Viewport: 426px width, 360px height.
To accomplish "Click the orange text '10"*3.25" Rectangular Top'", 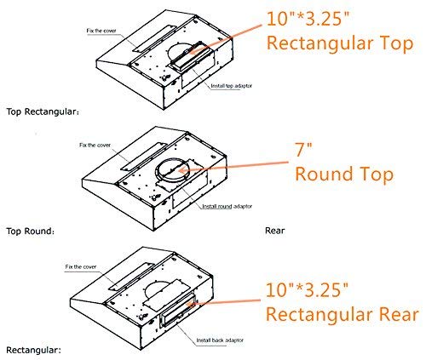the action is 340,31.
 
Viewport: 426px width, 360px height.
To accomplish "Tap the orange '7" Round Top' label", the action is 344,163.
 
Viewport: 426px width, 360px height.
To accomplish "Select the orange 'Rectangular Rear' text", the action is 343,314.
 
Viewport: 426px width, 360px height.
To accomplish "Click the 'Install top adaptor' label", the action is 231,86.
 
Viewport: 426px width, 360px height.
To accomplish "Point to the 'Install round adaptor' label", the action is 227,206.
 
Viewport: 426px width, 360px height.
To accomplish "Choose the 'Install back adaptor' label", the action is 220,340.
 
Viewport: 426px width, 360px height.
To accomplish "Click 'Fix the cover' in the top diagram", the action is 101,31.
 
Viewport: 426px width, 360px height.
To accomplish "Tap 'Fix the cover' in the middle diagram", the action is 95,145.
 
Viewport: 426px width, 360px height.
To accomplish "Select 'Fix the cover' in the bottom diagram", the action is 81,266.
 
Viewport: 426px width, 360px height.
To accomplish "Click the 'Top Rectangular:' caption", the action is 43,111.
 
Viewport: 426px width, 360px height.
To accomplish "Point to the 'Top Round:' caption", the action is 30,231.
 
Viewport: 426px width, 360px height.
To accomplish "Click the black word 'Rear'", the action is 274,231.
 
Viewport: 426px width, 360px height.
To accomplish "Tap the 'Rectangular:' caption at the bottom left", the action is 33,350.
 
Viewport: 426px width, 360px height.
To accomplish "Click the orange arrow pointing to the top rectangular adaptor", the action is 225,38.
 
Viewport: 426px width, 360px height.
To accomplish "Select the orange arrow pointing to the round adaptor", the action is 233,167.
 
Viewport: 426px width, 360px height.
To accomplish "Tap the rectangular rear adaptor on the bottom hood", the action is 178,311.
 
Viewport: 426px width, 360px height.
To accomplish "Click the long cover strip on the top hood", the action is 153,38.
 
